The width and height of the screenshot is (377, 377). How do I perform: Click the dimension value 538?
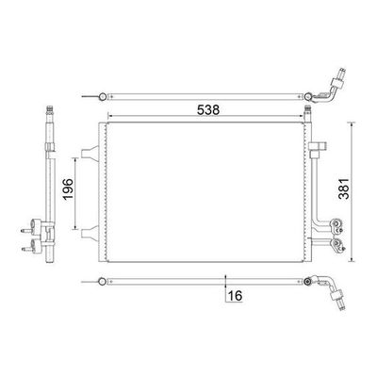208,110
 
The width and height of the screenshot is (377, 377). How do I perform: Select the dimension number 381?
344,188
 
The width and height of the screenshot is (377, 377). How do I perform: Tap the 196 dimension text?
68,189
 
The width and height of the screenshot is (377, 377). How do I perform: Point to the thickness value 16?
235,296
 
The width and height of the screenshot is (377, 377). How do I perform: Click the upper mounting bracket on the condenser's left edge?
90,153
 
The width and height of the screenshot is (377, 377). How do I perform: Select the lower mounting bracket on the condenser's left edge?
90,234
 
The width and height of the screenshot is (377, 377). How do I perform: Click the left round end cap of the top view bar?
102,96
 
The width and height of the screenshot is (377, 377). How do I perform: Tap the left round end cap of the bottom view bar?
102,282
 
